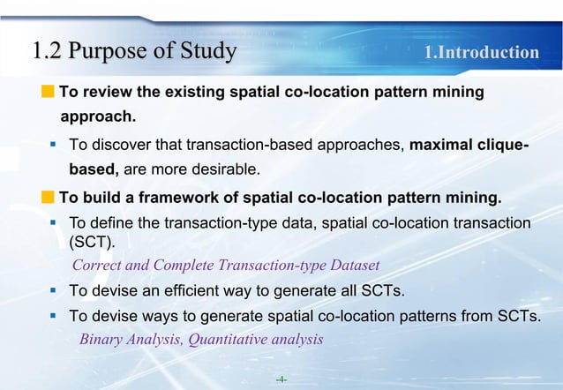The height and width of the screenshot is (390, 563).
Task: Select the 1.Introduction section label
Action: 482,53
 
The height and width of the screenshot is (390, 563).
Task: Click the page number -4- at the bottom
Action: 281,379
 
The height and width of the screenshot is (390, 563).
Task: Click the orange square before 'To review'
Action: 48,92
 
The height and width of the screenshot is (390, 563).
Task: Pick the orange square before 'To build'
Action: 48,195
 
